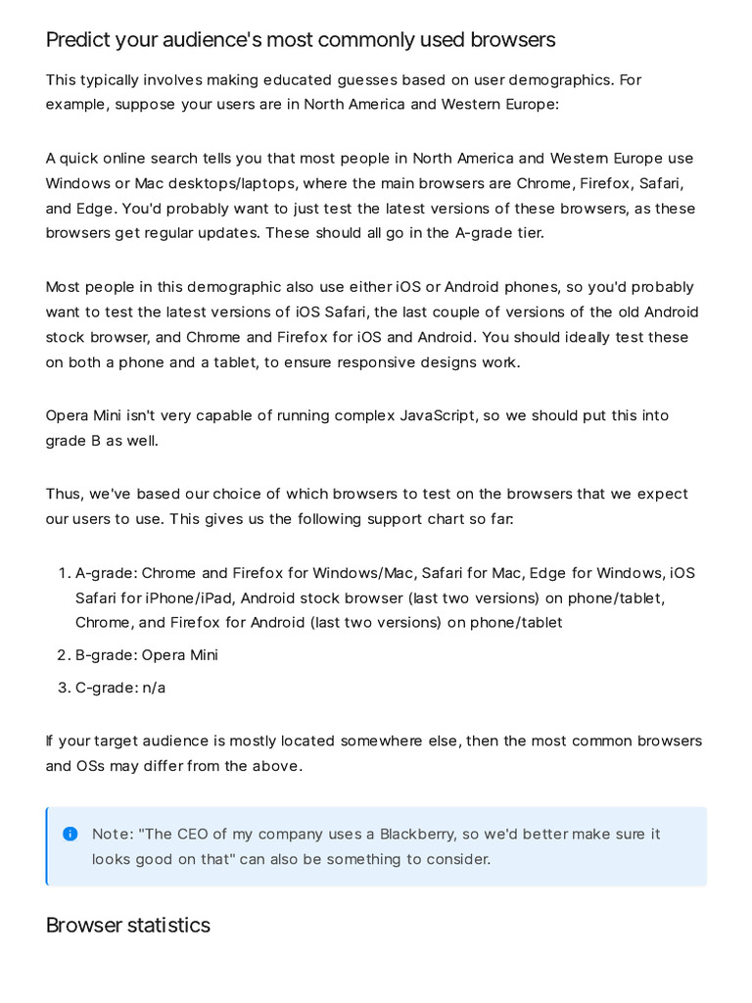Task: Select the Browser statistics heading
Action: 127,926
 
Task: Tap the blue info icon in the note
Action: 70,834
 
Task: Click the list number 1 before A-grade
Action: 64,573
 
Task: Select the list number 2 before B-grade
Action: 64,655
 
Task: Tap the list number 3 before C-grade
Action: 64,688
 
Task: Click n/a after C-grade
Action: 154,688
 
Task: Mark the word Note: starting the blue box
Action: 113,834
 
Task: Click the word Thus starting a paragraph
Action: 65,494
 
